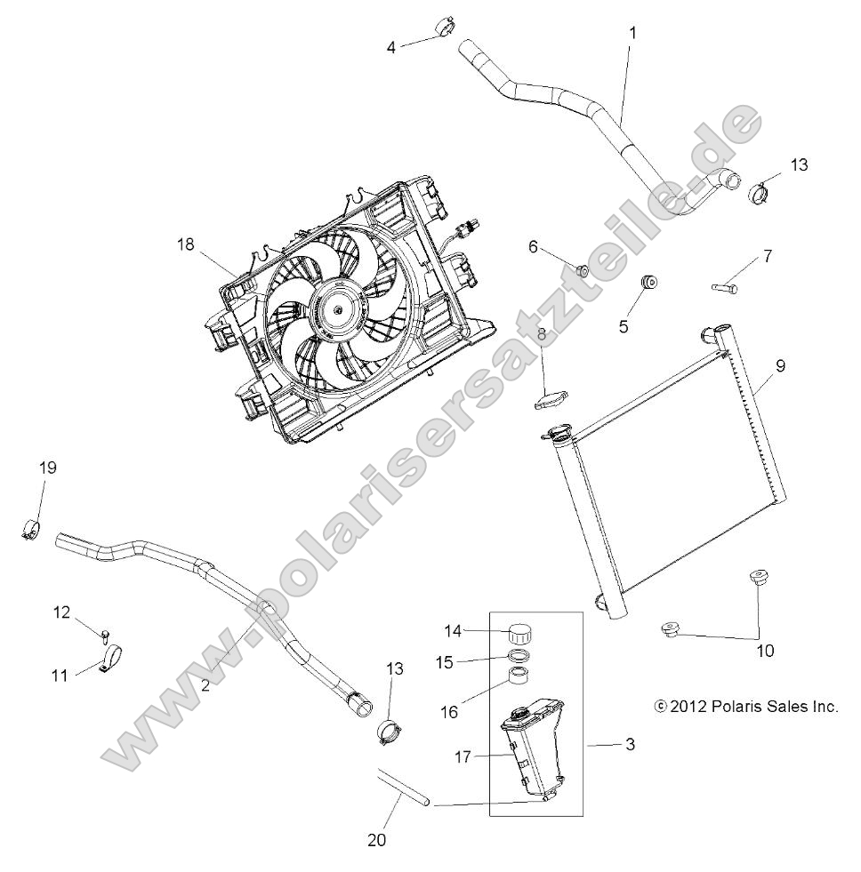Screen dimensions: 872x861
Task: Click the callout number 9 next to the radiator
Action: (x=779, y=364)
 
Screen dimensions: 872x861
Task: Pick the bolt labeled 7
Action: (x=726, y=286)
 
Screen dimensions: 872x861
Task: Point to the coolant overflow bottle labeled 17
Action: (x=532, y=754)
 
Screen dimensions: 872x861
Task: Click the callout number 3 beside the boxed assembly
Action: (x=629, y=744)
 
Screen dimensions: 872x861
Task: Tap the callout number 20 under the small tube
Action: (x=376, y=838)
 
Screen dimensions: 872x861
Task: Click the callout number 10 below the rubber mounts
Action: (x=765, y=651)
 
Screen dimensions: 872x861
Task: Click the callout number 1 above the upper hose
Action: (x=632, y=32)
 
